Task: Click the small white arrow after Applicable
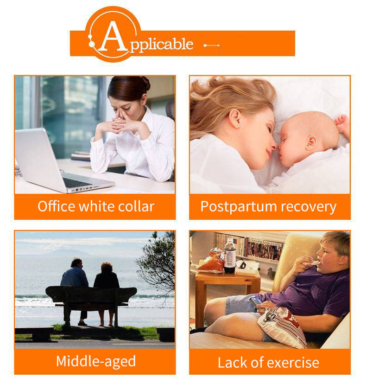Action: click(212, 45)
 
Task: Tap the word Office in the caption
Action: click(56, 206)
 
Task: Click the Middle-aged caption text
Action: click(96, 362)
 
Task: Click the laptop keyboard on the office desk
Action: click(76, 182)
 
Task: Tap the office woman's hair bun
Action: click(146, 83)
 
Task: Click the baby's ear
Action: click(311, 142)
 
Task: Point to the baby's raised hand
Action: click(342, 124)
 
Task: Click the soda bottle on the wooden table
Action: click(230, 256)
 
